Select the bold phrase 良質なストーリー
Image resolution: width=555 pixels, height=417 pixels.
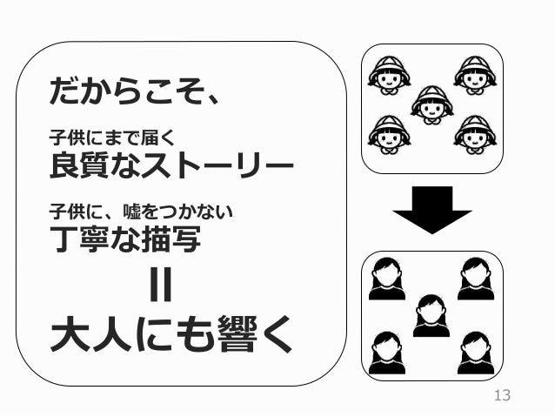point(171,163)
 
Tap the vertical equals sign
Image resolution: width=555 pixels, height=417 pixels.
point(161,286)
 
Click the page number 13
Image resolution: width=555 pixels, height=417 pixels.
point(501,397)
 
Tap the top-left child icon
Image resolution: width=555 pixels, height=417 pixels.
point(389,77)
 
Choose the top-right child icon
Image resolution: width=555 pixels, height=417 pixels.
point(474,77)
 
